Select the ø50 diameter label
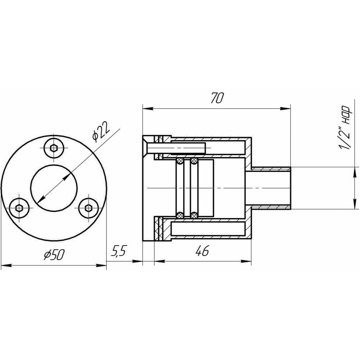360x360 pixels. [54, 255]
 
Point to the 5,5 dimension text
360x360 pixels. [119, 251]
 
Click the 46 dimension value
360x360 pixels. [202, 251]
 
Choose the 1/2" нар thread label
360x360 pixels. [345, 128]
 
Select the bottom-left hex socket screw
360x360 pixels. [19, 208]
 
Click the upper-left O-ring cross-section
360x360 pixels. [180, 161]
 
